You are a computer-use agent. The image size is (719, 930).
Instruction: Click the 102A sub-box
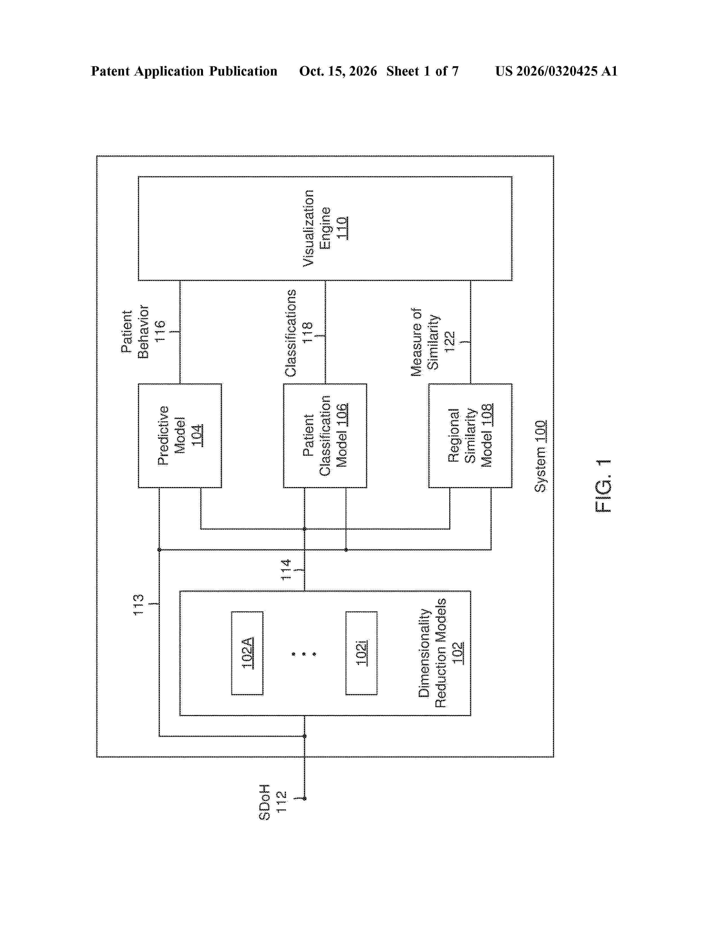(247, 653)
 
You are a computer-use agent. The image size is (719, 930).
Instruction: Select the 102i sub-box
(361, 653)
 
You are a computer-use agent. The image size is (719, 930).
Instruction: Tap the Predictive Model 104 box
(180, 436)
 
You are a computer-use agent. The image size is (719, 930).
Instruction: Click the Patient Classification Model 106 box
(325, 436)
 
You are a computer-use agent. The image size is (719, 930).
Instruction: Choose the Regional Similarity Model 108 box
(470, 436)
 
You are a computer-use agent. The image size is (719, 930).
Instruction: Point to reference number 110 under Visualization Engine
(342, 228)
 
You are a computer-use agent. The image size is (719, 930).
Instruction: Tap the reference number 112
(282, 802)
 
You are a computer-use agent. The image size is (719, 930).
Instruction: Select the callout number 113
(138, 605)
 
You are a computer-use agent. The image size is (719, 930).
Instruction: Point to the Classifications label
(290, 333)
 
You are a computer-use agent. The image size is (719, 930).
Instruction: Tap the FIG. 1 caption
(603, 486)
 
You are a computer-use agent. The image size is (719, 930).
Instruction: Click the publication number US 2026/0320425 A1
(556, 71)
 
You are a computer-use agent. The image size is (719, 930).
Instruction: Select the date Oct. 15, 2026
(338, 71)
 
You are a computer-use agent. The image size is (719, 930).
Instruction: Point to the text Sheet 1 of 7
(423, 71)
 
